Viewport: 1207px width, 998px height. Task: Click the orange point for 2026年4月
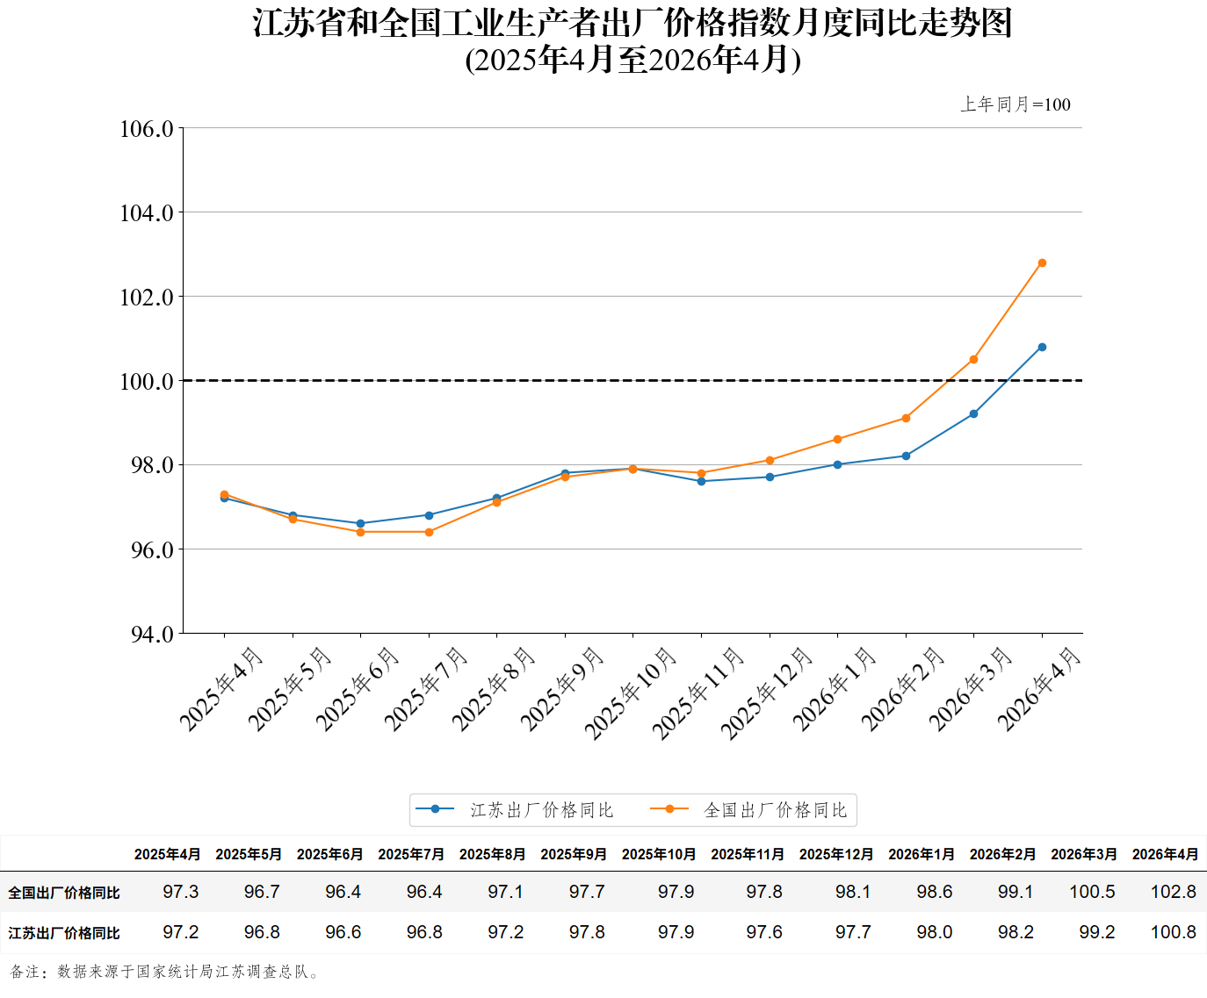click(1042, 262)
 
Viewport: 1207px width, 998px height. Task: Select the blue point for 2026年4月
click(1042, 347)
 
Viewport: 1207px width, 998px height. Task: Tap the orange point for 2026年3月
click(973, 359)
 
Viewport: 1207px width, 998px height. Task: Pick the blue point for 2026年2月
click(906, 456)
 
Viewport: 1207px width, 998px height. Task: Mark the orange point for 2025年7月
click(429, 532)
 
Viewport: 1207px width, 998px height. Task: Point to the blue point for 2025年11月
click(701, 481)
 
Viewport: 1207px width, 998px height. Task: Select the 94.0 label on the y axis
click(152, 634)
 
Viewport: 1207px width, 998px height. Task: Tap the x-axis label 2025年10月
click(630, 693)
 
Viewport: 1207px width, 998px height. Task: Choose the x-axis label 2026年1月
click(834, 688)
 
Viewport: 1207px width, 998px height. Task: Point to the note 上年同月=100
click(1015, 104)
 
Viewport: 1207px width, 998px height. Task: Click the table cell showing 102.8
click(1173, 891)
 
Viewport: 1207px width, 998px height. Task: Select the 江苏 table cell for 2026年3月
click(1096, 931)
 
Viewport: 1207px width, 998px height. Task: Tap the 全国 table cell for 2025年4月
click(180, 891)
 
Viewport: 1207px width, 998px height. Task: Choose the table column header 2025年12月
click(836, 854)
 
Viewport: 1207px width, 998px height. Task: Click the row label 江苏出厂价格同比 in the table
click(63, 933)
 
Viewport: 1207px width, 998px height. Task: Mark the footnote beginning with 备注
click(165, 972)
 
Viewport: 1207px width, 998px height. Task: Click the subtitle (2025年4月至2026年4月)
click(633, 60)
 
